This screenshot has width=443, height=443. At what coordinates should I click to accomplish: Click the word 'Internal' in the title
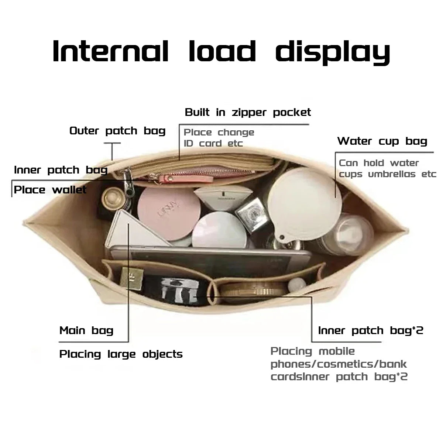[110, 51]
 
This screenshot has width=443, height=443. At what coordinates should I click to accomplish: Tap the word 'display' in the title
[333, 52]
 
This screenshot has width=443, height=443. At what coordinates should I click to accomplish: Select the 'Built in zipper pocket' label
[248, 112]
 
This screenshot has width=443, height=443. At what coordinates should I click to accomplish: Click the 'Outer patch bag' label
[117, 131]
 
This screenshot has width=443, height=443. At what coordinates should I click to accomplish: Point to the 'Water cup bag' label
[382, 141]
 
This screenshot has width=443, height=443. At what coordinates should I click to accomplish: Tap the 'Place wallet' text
[50, 190]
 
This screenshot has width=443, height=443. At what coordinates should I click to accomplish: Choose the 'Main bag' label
[86, 330]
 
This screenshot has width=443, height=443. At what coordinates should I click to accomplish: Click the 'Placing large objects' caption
[121, 354]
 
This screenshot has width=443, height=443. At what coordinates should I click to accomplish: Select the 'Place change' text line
[219, 132]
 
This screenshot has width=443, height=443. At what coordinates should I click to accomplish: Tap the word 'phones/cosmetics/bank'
[339, 364]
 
